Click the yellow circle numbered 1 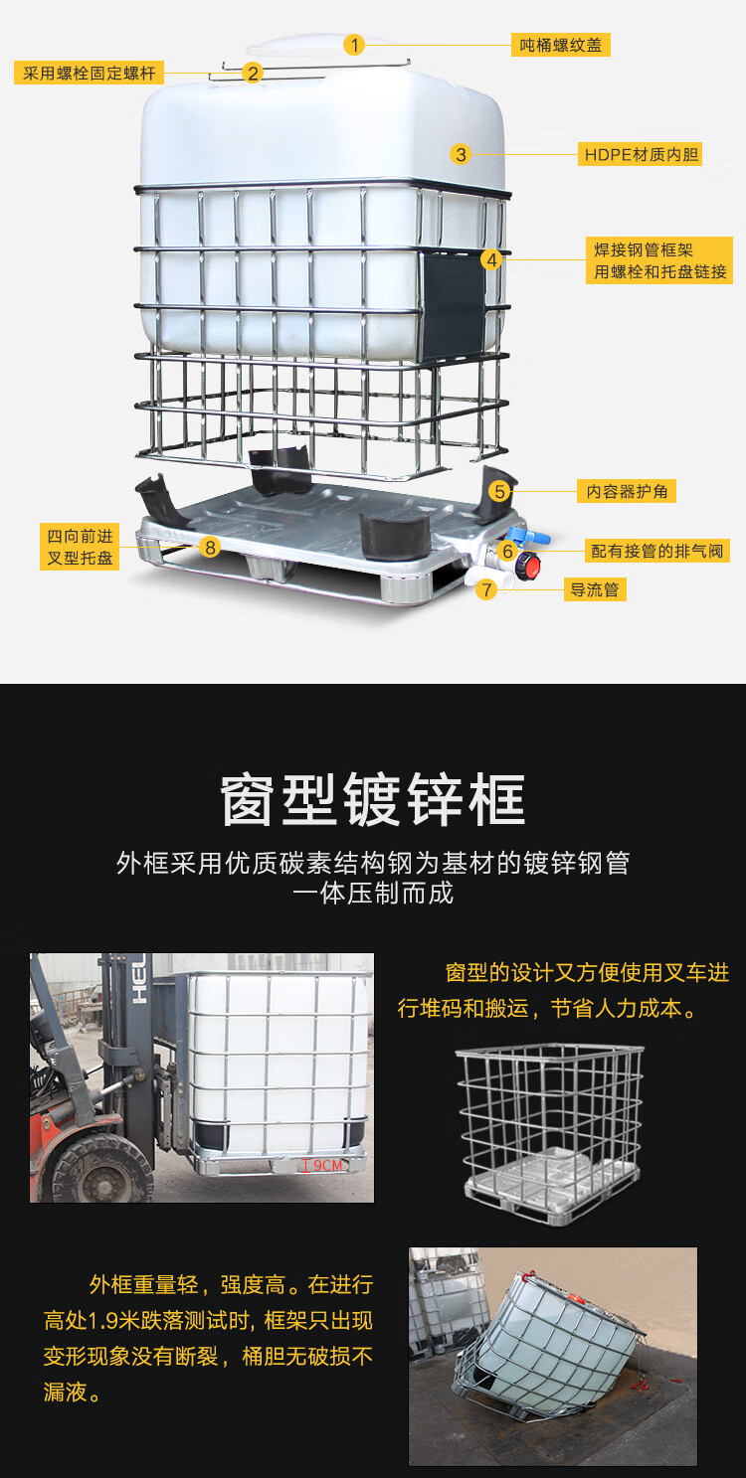click(x=354, y=45)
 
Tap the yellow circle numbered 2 click(x=253, y=73)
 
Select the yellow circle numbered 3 click(x=461, y=154)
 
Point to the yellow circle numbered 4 click(x=491, y=260)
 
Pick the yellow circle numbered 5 click(x=499, y=491)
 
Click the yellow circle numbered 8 click(x=210, y=547)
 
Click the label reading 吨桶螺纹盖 click(x=560, y=45)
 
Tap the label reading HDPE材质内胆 click(x=641, y=154)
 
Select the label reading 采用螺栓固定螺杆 click(x=90, y=73)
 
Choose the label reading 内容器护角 click(x=627, y=491)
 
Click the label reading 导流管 click(x=594, y=589)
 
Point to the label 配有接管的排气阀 click(x=656, y=551)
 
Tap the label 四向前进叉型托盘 click(x=80, y=547)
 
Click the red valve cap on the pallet click(x=528, y=566)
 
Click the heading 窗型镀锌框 click(x=373, y=800)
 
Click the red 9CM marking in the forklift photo click(x=321, y=1165)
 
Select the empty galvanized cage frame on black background click(x=550, y=1133)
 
